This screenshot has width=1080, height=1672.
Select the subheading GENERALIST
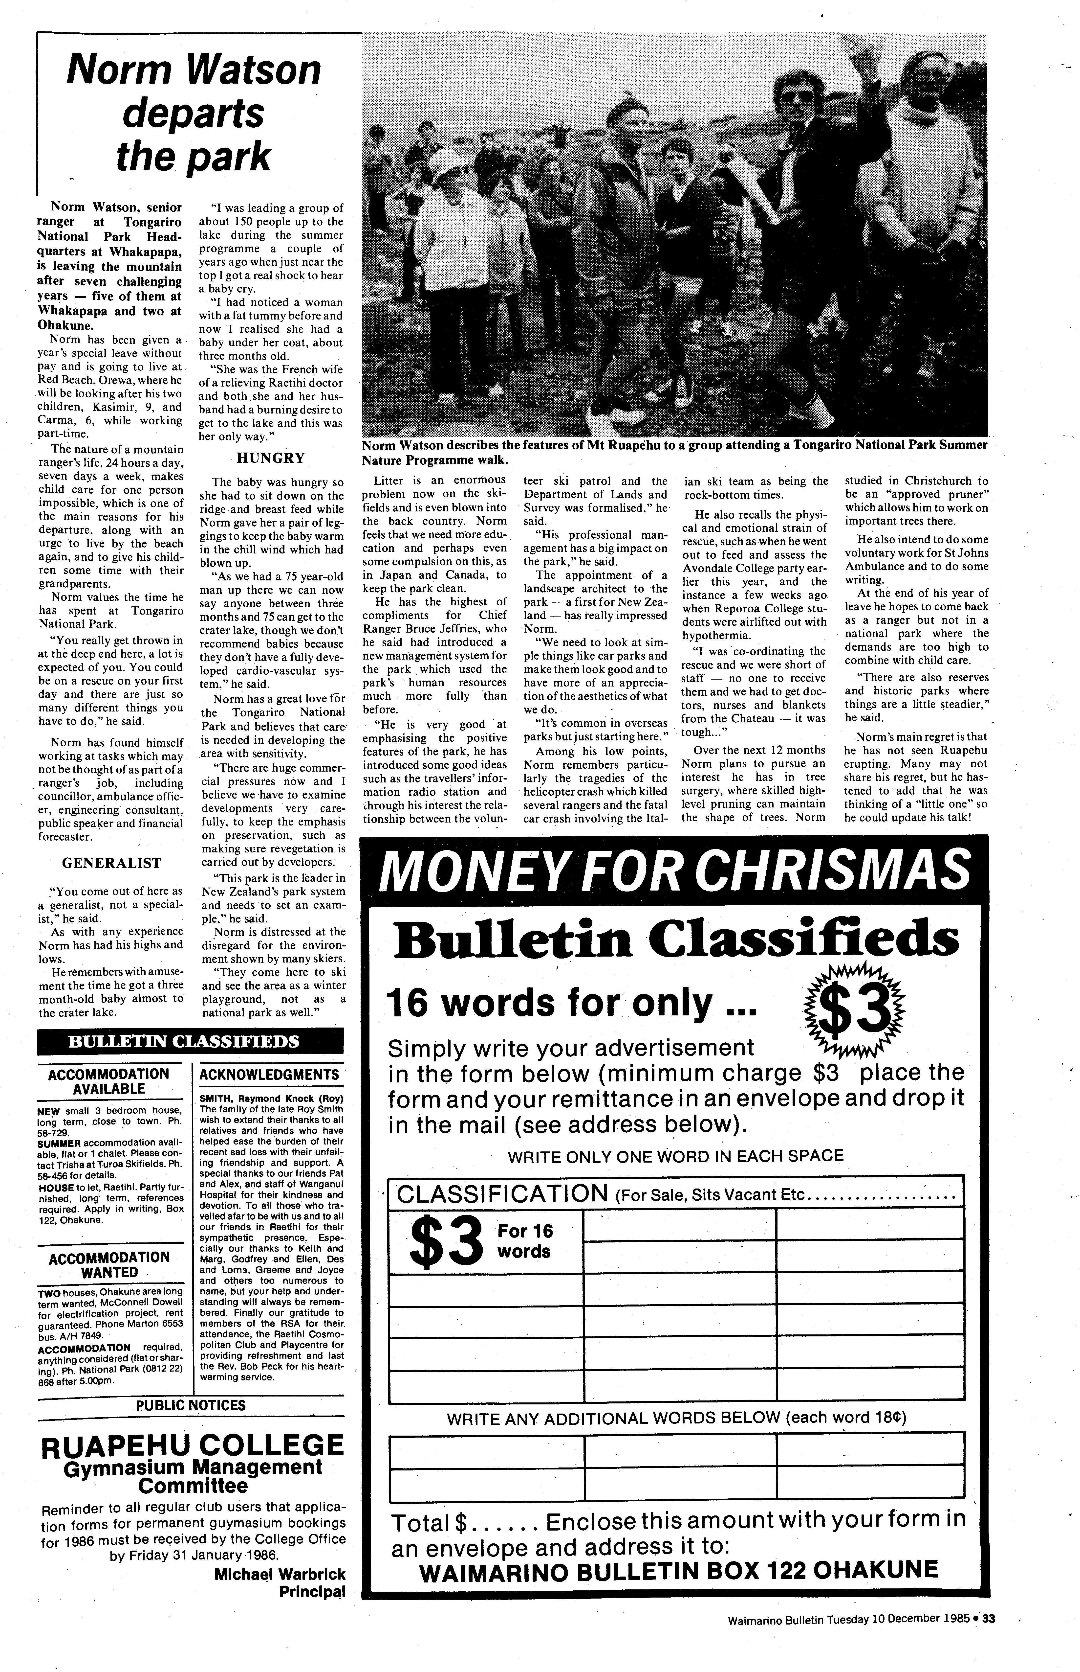(x=111, y=862)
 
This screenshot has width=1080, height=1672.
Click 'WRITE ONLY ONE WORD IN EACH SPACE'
(x=675, y=1156)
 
